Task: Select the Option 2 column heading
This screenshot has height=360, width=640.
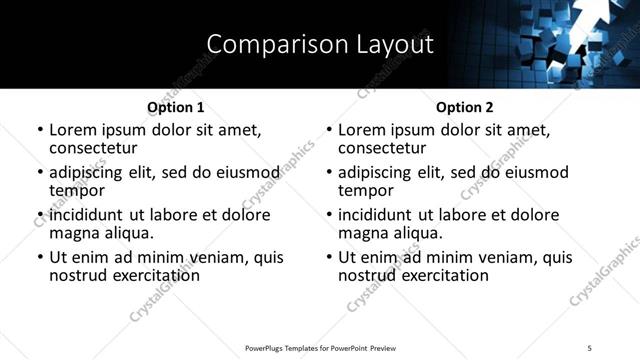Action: click(x=464, y=107)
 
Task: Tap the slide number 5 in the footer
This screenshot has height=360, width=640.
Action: click(x=590, y=348)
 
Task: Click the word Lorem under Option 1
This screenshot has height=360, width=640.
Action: click(x=73, y=130)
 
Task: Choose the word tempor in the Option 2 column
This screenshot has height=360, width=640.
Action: click(x=365, y=190)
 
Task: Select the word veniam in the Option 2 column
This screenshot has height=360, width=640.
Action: click(x=490, y=257)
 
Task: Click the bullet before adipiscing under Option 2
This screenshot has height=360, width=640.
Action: click(x=329, y=173)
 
